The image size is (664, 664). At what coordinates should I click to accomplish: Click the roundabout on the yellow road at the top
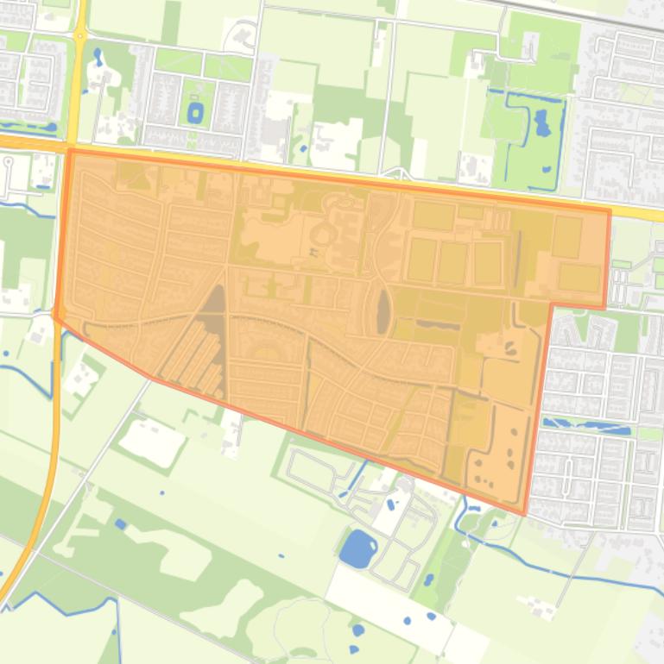pos(79,35)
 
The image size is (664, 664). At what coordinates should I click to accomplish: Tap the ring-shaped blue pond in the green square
pos(195,112)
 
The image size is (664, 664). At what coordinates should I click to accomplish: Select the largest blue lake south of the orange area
pos(357,548)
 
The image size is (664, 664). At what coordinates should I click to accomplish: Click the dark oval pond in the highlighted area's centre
pos(383,310)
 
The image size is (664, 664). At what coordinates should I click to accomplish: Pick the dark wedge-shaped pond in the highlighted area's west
pos(213,310)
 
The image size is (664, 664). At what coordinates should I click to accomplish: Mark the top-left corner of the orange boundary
pos(69,150)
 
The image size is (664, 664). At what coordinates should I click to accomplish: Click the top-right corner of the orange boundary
pos(610,210)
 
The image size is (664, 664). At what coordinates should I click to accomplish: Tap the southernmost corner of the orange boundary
pos(524,515)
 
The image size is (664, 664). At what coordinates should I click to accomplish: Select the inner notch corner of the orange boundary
pos(551,304)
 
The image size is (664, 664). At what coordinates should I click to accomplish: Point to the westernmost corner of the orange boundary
pos(54,315)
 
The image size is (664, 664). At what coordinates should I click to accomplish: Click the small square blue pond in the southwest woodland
pos(121,523)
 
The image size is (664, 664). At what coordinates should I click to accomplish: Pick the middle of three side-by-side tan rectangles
pos(452,261)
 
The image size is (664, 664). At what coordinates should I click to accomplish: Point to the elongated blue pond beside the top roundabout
pos(97,59)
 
